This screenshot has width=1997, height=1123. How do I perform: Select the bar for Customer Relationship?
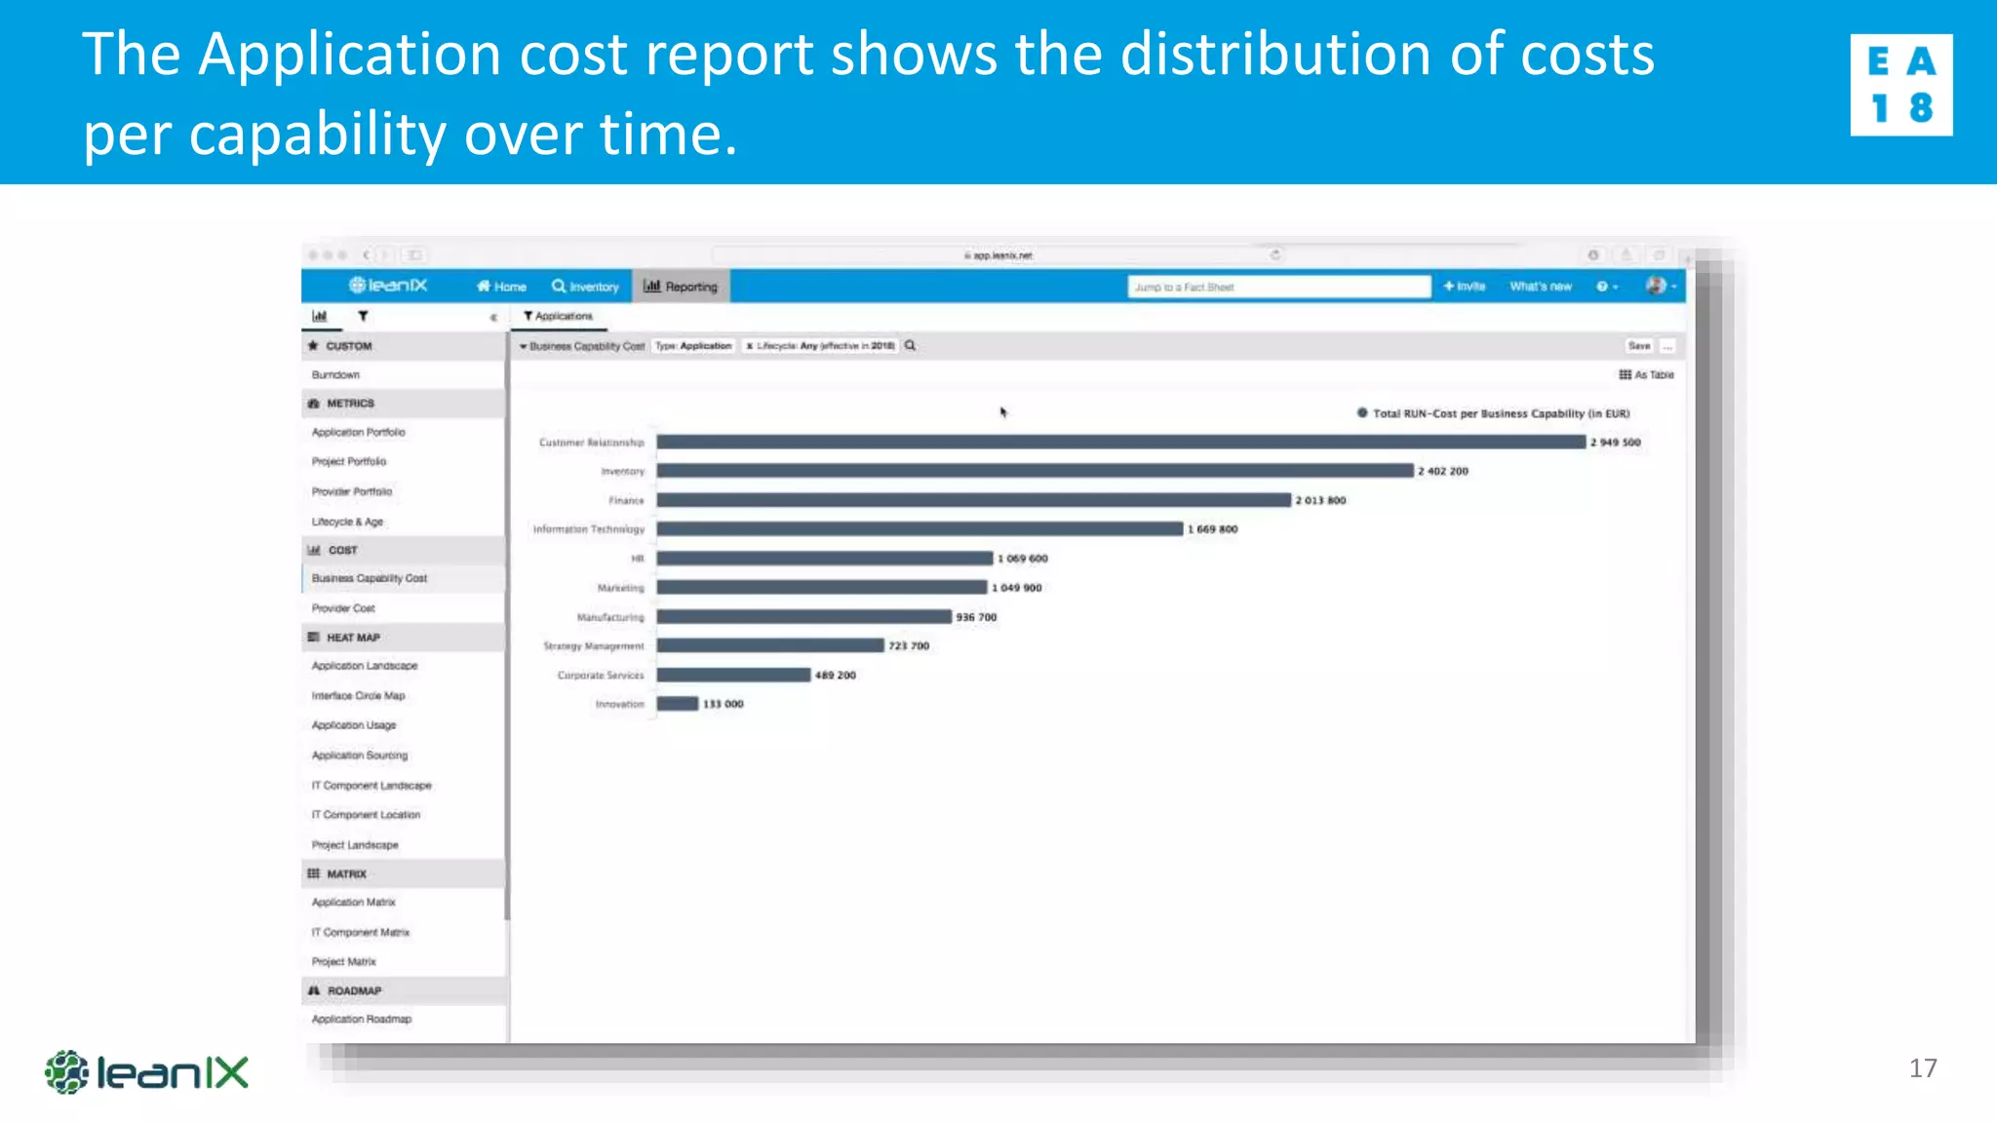point(1121,442)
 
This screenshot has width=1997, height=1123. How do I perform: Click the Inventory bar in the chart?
point(1035,471)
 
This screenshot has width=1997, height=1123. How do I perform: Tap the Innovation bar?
point(678,704)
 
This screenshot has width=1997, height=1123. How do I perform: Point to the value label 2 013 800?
point(1320,500)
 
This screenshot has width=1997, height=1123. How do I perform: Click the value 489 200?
point(835,675)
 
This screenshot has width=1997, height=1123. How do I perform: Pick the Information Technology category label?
point(588,529)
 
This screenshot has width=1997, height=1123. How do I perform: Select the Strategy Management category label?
point(593,646)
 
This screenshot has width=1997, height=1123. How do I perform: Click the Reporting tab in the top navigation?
point(681,287)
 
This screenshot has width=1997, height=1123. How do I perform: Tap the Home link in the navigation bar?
point(501,287)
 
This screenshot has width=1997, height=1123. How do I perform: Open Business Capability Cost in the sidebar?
point(369,578)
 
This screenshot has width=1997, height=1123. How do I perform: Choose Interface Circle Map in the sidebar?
point(358,696)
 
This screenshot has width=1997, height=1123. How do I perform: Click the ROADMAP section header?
point(354,990)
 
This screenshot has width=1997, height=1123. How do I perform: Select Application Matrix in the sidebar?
point(353,903)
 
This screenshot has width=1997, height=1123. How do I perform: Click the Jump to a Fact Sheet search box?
point(1278,287)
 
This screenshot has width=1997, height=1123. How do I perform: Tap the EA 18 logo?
point(1900,85)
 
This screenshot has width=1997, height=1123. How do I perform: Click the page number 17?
point(1922,1068)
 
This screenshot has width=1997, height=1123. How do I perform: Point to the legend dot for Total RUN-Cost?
point(1362,413)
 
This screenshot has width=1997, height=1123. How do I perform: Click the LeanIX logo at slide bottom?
point(147,1072)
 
